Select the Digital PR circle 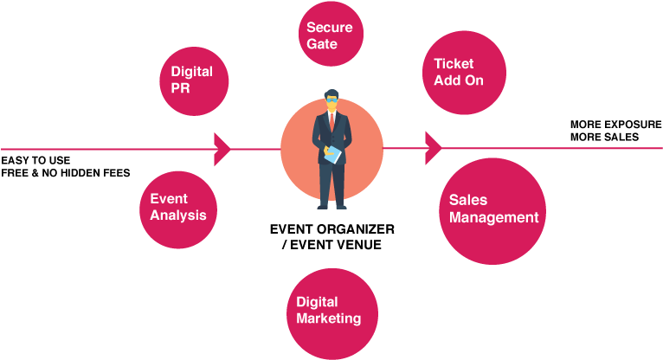(194, 81)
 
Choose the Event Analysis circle (178, 208)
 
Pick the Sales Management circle (492, 211)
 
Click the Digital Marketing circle (332, 310)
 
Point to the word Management (493, 217)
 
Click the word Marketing (329, 318)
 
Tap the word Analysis (178, 215)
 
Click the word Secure (329, 28)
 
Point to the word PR (180, 88)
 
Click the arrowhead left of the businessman (222, 149)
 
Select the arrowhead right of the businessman (434, 148)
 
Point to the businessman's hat (331, 94)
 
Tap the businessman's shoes (332, 206)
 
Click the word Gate (322, 43)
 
